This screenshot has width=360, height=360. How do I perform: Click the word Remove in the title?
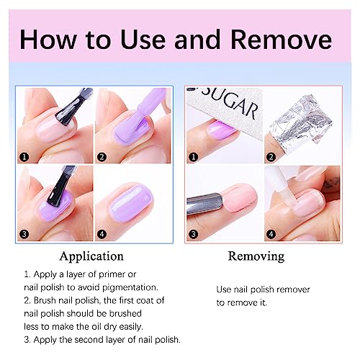282,40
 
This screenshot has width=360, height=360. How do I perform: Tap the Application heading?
91,257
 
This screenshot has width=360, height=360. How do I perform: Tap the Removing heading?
256,256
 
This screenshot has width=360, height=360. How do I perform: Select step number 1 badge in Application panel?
24,157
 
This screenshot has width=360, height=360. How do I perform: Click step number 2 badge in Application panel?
102,157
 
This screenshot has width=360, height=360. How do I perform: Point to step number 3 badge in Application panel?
24,234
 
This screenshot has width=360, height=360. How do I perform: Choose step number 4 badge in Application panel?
102,234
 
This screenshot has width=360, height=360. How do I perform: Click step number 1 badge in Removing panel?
194,157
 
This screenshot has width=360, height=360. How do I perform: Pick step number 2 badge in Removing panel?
271,157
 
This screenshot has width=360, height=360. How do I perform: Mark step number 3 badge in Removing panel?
194,234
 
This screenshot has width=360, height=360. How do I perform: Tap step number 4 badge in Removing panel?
271,234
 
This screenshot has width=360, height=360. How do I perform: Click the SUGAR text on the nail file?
229,103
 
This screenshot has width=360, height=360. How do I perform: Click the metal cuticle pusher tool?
204,204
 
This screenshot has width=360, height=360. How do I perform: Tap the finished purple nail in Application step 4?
132,204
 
